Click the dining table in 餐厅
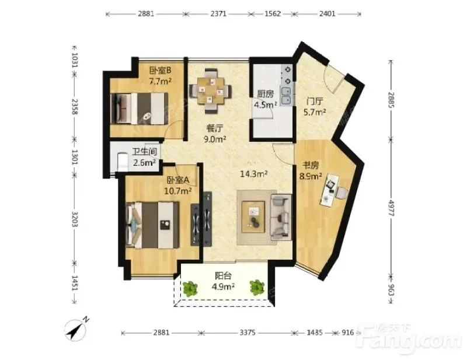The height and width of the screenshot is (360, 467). coord(211,90)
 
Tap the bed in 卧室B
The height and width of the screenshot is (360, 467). coord(139,109)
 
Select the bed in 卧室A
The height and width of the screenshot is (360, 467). coord(153,225)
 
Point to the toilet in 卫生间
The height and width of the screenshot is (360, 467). coord(122,162)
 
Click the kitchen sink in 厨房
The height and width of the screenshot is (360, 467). coord(286,96)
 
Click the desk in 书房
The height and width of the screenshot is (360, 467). coord(330,190)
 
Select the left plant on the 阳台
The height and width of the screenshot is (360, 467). coord(190,288)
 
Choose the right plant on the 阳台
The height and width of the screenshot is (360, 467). coord(257,287)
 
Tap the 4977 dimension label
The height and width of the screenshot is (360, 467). coord(391,208)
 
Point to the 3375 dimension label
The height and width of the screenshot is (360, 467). coord(248,333)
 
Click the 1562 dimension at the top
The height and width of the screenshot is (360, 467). coord(273,13)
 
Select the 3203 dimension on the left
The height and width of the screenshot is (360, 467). coord(75,219)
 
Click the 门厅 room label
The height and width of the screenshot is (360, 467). coord(315,102)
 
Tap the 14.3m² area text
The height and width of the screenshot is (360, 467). coord(253,174)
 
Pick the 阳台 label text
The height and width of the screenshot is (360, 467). coord(223,276)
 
